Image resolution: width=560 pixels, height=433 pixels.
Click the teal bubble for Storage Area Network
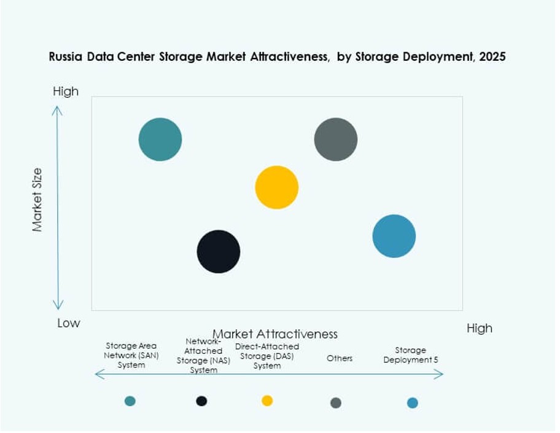point(160,139)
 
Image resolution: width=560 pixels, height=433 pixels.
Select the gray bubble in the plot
point(336,139)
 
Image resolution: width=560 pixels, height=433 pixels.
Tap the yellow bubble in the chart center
point(277,187)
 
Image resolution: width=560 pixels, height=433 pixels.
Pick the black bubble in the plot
point(219,251)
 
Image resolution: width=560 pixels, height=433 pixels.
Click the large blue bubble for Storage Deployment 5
point(394,236)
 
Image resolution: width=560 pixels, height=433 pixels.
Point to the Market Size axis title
point(38,200)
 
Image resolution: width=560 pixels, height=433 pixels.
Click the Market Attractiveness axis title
point(275,334)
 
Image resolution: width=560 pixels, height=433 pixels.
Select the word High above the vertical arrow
point(66,92)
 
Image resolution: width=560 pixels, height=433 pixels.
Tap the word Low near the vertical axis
point(69,323)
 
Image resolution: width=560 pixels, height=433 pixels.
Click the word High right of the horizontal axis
point(479,328)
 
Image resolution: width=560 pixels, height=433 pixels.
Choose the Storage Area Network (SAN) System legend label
point(131,356)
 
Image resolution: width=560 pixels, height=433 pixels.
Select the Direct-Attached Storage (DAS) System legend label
point(267,356)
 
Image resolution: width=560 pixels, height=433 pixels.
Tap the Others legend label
point(340,358)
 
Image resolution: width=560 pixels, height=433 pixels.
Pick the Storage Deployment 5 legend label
point(411,355)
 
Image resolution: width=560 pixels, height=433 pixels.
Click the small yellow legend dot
point(267,400)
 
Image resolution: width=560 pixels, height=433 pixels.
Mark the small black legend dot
point(201,401)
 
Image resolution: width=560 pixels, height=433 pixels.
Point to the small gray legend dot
point(336,403)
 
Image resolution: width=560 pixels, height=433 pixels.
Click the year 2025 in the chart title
point(492,57)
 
